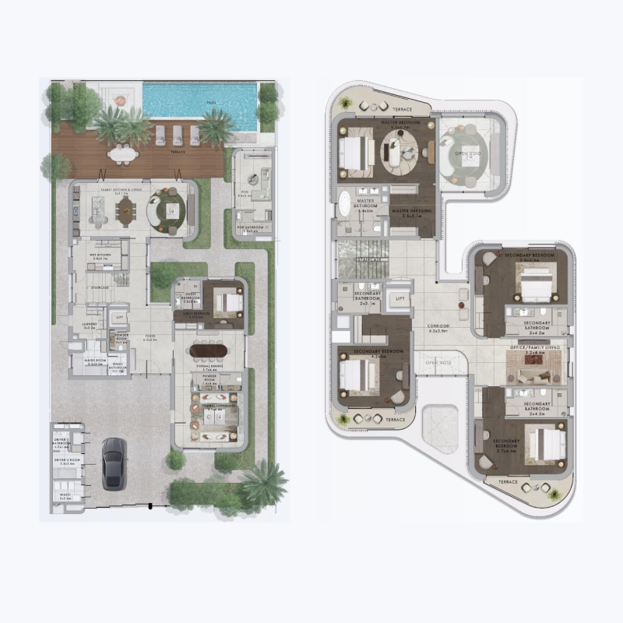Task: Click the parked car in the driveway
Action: click(x=114, y=463)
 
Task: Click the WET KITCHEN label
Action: click(x=97, y=254)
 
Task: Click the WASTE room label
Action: click(x=64, y=495)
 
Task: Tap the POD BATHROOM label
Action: click(x=252, y=228)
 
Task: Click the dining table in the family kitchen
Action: click(x=125, y=209)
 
